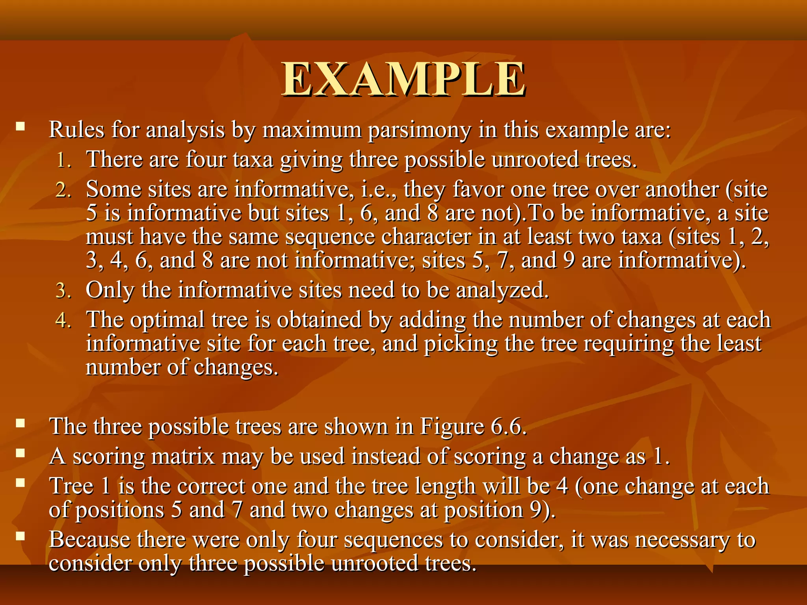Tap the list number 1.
point(63,161)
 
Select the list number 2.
point(63,190)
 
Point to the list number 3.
point(63,291)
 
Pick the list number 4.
point(63,321)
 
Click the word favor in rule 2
point(478,189)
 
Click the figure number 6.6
point(508,427)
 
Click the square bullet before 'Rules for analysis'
point(20,127)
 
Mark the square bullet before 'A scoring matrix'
point(20,453)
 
